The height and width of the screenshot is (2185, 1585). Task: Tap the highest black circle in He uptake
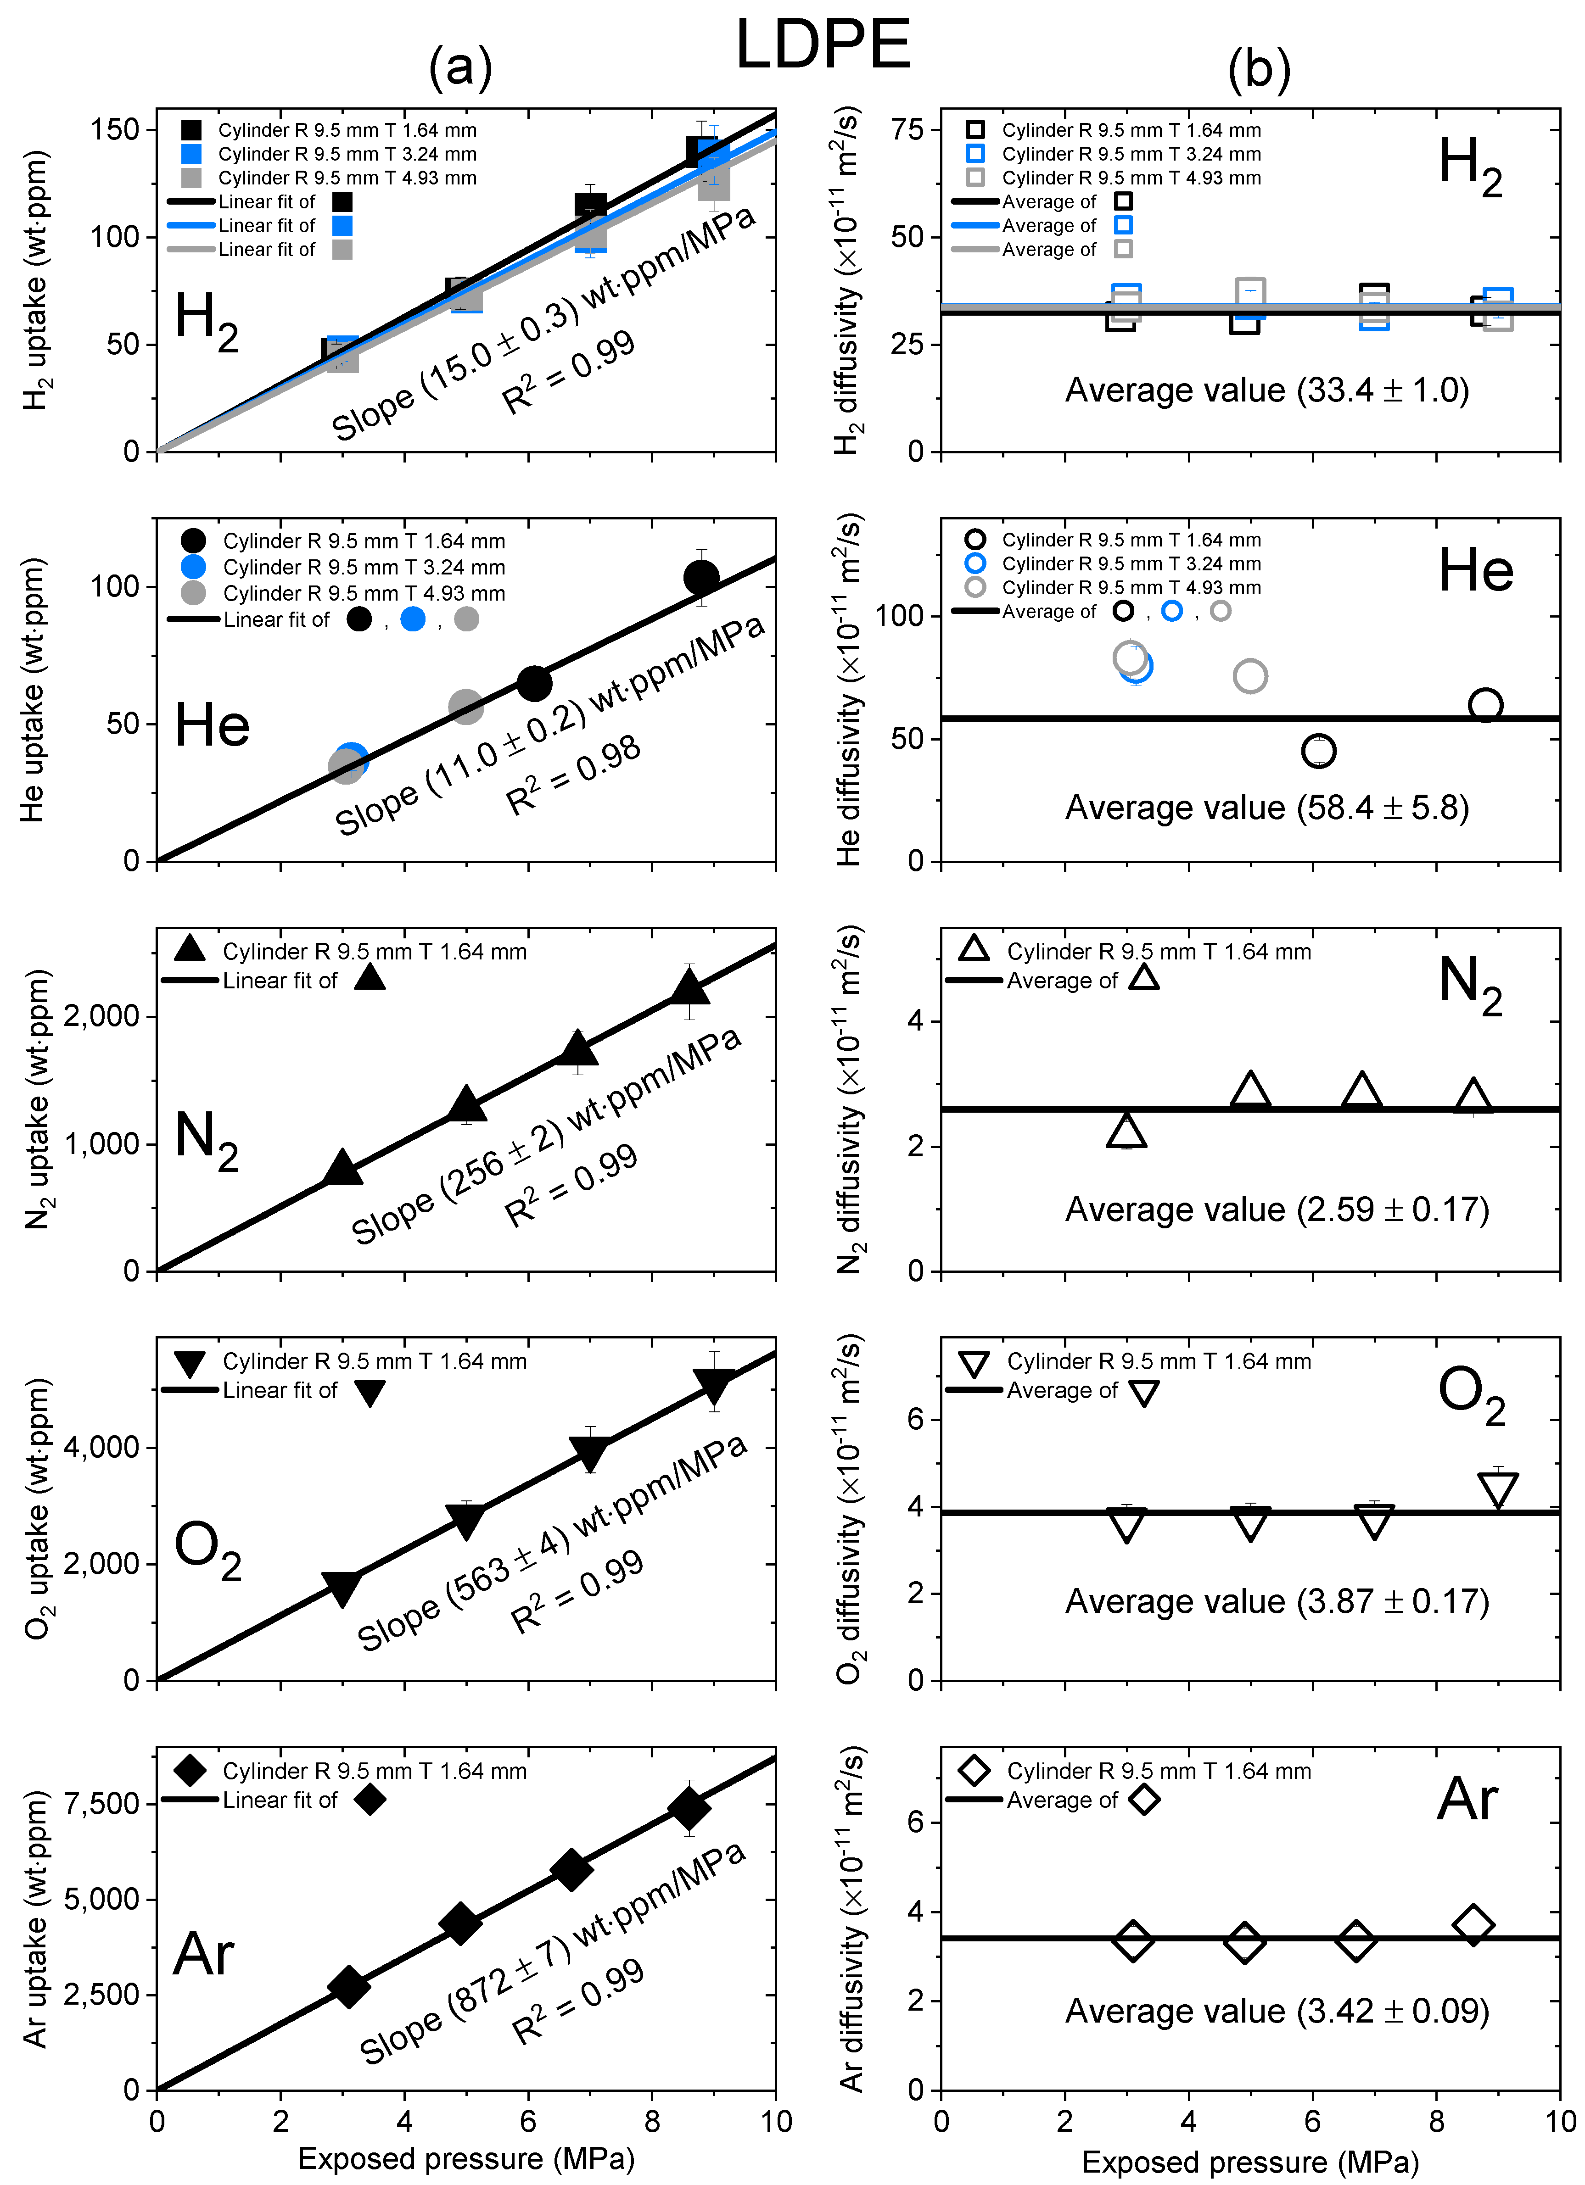coord(700,577)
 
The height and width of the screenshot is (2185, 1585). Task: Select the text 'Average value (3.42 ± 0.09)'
coord(1277,2012)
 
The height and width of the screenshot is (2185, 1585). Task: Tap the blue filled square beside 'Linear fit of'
coord(342,225)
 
